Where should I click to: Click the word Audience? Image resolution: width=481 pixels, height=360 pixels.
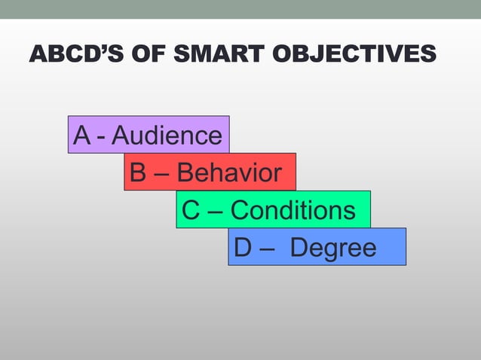click(167, 136)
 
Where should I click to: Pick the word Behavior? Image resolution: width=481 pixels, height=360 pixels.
click(229, 172)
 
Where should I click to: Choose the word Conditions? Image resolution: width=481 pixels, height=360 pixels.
click(293, 209)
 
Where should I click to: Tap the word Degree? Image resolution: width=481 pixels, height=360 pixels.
click(334, 247)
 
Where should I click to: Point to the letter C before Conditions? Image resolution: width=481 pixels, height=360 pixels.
click(191, 209)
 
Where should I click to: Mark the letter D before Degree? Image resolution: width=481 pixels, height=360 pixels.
click(244, 247)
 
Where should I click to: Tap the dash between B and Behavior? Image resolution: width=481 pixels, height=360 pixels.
click(161, 175)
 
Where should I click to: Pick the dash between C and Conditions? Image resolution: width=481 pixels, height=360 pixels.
click(214, 212)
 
